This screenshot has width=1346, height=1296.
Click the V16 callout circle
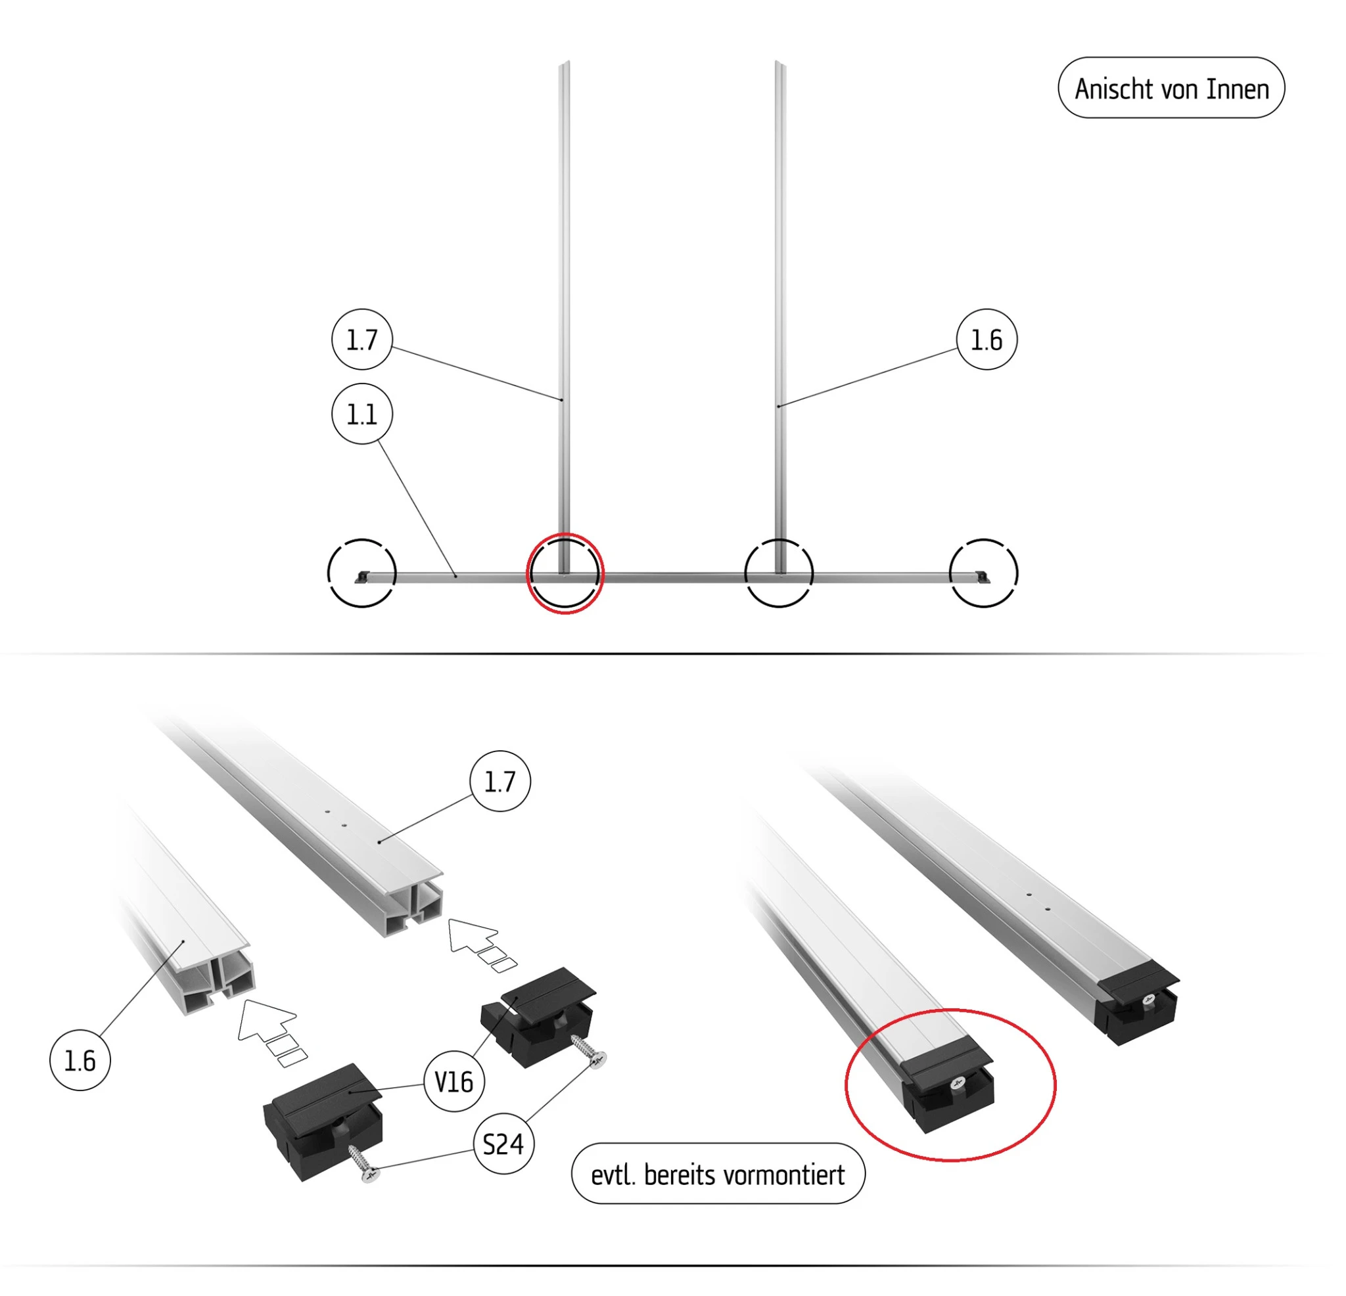click(454, 1083)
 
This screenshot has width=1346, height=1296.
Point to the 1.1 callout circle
click(362, 414)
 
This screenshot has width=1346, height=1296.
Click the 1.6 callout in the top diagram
click(987, 340)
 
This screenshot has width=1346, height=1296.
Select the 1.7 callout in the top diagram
click(362, 340)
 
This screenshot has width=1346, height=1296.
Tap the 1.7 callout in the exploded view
click(500, 781)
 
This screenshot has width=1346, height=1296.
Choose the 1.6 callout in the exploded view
click(80, 1061)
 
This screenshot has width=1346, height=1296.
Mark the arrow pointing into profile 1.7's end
click(480, 944)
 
